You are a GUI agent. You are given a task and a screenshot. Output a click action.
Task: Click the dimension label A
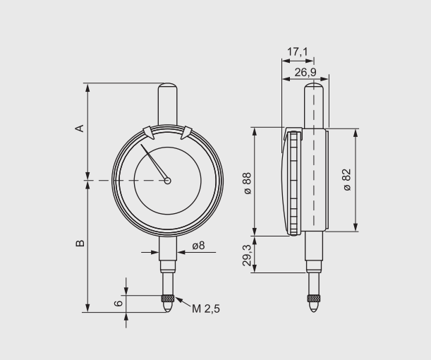pos(80,128)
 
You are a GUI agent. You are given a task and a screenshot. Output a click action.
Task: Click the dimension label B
pos(80,243)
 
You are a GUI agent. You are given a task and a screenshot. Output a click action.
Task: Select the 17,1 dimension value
pos(298,52)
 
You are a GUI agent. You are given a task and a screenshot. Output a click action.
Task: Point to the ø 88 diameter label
pos(248,182)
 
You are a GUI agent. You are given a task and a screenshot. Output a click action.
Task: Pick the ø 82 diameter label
pos(347,179)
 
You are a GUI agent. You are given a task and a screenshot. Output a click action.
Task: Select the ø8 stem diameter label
pos(198,246)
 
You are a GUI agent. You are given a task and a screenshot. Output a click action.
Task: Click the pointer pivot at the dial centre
pos(167,181)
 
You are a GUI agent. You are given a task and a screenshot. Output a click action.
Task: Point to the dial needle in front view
pos(154,162)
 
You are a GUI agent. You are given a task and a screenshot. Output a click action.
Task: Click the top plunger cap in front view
pos(167,99)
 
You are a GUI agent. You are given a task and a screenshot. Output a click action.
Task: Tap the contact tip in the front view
pos(167,305)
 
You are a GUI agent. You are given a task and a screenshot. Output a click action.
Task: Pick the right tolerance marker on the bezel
pos(187,132)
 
